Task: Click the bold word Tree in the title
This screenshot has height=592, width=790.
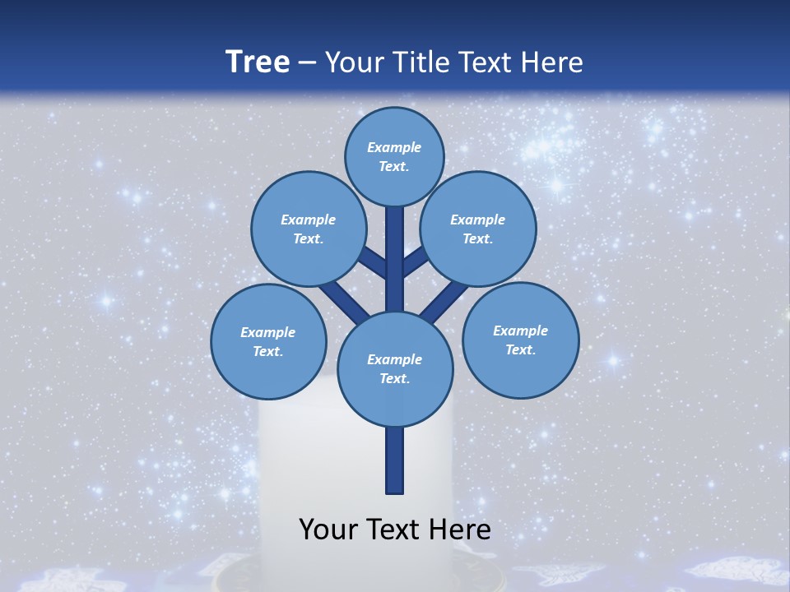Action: click(x=258, y=62)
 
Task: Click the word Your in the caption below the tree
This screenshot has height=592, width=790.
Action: click(x=328, y=530)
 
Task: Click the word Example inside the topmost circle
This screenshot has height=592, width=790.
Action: click(x=394, y=147)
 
